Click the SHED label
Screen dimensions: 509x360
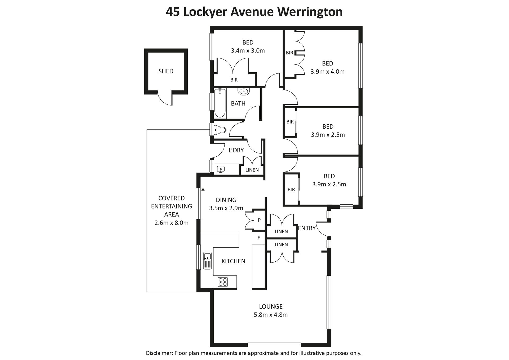166,71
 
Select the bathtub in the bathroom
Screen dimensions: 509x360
220,103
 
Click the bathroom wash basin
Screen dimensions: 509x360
244,92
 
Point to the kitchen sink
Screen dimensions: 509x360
207,261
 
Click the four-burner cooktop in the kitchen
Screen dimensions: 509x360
223,282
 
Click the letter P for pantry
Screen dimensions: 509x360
259,220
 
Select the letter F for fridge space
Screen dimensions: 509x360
259,238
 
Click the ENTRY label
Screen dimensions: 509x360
307,228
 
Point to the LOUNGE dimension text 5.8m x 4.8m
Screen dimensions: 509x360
271,315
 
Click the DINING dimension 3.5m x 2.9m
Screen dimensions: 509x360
226,208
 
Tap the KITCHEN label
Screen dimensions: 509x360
233,261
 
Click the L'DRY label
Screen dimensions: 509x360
236,150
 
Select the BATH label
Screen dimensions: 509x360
238,103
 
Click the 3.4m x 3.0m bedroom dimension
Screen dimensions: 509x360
248,51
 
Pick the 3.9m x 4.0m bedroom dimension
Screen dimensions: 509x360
328,72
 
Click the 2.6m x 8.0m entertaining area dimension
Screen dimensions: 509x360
172,223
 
